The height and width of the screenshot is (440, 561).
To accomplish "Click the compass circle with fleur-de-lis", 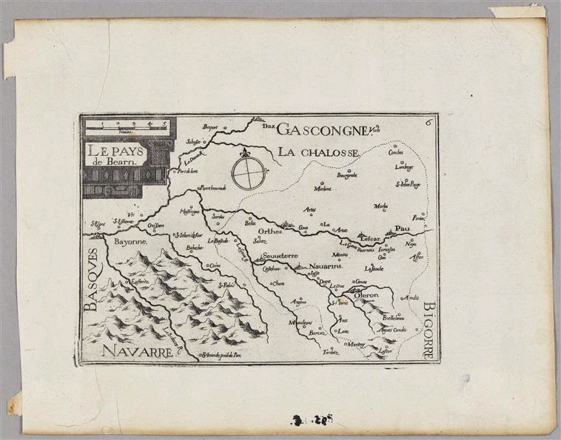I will click(246, 172).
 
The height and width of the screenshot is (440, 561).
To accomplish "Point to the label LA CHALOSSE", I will click(319, 152).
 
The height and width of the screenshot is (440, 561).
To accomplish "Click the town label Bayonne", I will click(131, 242).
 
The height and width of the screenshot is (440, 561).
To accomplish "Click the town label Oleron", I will click(366, 295).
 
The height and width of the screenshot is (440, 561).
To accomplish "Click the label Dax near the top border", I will click(268, 125).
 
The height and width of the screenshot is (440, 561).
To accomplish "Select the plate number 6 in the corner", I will click(430, 123).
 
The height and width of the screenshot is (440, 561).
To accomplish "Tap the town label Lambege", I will click(404, 167).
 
